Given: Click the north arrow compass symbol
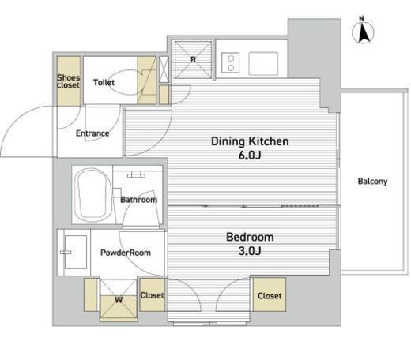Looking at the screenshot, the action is tap(363, 32).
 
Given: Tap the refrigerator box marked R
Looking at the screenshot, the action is tap(193, 59).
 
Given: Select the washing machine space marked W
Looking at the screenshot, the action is tap(119, 300).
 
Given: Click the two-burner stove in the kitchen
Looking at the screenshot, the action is tap(231, 62).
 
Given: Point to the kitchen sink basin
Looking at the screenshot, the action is tap(263, 63).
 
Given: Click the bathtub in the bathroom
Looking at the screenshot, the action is tap(92, 195).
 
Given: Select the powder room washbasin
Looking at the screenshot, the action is tap(76, 252).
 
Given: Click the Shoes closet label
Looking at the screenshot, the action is tap(68, 81).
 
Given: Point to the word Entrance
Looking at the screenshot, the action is tap(92, 133).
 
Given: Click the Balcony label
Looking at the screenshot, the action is tap(372, 182).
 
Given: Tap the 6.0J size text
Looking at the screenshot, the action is tap(250, 156).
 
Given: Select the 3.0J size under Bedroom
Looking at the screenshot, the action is tap(250, 251).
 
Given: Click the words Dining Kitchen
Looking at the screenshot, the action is tap(250, 141).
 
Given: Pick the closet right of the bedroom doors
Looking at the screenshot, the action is tap(270, 294).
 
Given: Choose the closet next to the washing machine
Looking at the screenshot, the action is tap(153, 294).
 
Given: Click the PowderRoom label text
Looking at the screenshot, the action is tap(126, 253).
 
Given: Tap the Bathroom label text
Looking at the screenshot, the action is tap(139, 200).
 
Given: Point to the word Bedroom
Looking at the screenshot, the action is tap(250, 237).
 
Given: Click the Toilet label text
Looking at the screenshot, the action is tap(104, 82).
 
